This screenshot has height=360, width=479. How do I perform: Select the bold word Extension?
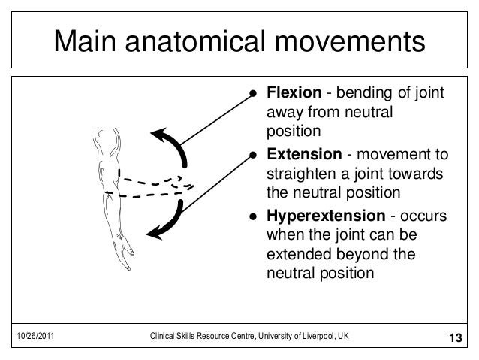click(x=303, y=155)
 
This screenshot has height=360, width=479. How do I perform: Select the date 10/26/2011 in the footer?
click(x=33, y=336)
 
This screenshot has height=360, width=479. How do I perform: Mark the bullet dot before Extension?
click(x=254, y=156)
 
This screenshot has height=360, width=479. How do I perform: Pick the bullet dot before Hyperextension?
click(x=254, y=216)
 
